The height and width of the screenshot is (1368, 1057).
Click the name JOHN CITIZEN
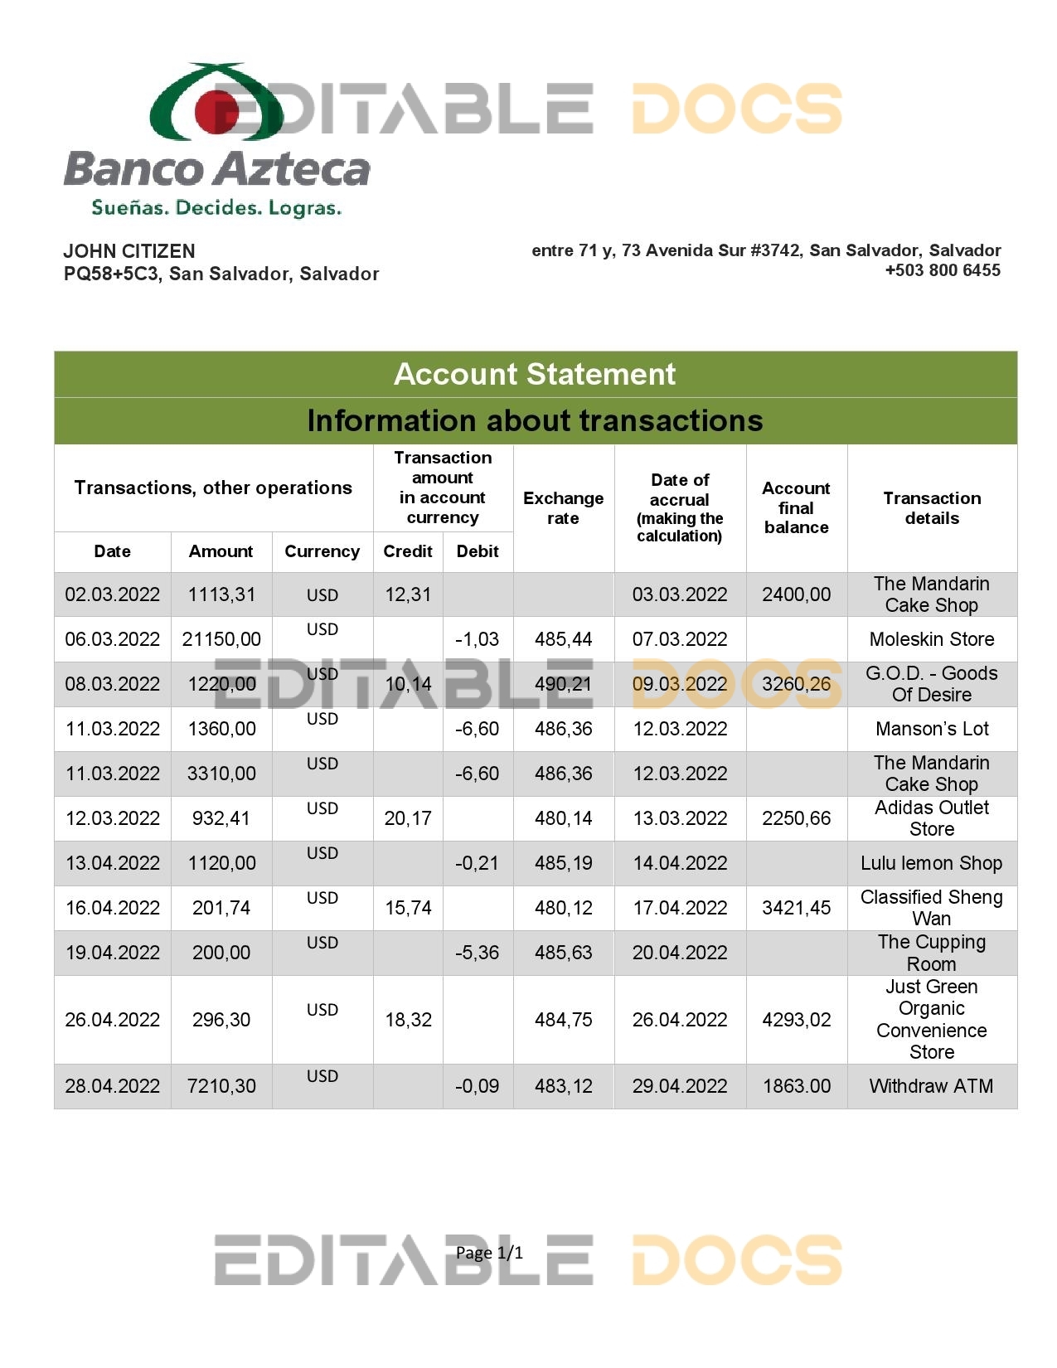[x=129, y=251]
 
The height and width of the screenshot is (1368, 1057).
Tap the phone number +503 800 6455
[x=943, y=270]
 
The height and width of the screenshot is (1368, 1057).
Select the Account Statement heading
[x=535, y=374]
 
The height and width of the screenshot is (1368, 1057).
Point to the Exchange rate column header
[x=563, y=507]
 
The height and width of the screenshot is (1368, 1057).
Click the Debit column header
[x=478, y=551]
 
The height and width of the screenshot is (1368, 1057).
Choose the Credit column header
[x=408, y=551]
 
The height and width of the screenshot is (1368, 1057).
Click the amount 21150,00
[x=221, y=639]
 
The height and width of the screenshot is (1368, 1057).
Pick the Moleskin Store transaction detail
[x=931, y=639]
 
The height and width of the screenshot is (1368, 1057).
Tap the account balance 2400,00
[x=796, y=594]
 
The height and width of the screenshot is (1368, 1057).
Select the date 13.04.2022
[x=113, y=863]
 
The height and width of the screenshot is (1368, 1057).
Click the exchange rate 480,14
[x=563, y=818]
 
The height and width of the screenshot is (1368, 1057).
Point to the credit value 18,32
[x=408, y=1020]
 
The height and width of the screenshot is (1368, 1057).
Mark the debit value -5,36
[x=478, y=953]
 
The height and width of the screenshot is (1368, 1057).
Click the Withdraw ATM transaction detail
[x=931, y=1086]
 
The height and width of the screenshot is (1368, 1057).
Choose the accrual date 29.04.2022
[x=680, y=1086]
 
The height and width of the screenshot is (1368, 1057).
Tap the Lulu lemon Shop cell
[x=931, y=863]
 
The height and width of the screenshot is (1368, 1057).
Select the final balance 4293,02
[x=796, y=1020]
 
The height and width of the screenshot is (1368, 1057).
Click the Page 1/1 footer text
[x=489, y=1253]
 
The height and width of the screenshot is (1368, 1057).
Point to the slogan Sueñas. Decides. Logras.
[x=216, y=207]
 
